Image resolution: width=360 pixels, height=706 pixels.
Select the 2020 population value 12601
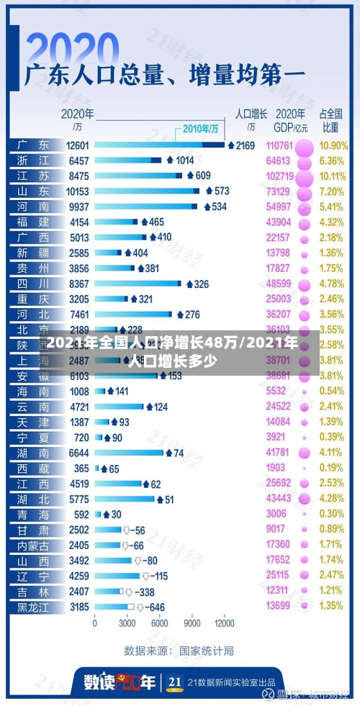click(x=77, y=145)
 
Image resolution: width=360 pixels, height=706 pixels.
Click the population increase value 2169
click(x=246, y=145)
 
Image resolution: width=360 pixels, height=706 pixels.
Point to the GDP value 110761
click(x=279, y=145)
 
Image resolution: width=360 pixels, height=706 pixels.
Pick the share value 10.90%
click(x=333, y=145)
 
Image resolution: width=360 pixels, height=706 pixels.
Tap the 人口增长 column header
click(x=251, y=114)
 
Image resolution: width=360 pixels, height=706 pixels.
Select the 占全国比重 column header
click(x=330, y=120)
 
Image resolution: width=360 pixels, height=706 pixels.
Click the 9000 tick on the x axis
click(x=192, y=623)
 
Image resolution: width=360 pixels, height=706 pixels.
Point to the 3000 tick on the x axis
click(x=127, y=623)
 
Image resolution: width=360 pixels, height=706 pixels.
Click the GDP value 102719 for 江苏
click(x=279, y=176)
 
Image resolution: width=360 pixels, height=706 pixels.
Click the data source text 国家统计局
click(x=207, y=651)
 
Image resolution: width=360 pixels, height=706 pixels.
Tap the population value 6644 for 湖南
click(x=78, y=453)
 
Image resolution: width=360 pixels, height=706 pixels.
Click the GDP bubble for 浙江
click(x=304, y=160)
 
